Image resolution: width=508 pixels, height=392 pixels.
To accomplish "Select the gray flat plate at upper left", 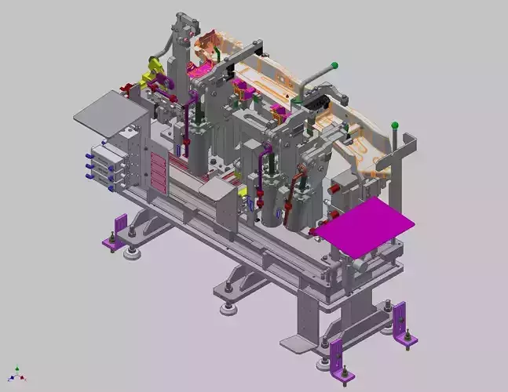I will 109,109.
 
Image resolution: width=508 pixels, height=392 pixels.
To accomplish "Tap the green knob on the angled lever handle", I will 334,65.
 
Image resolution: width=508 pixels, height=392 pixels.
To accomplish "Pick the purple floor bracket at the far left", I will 115,233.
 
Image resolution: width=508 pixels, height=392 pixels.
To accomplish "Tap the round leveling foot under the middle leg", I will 228,308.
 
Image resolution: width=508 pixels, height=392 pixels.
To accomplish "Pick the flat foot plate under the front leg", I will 299,343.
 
